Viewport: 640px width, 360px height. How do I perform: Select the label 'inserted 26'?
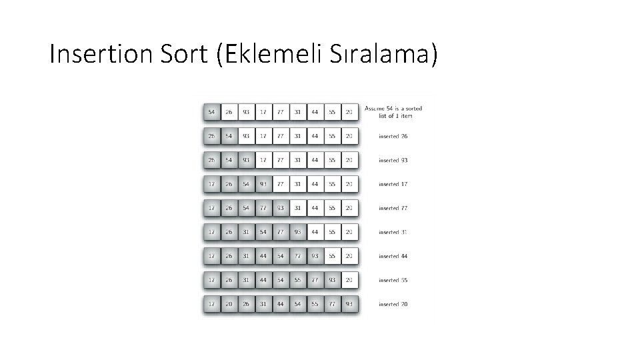(393, 136)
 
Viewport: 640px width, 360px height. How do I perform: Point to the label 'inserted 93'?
(393, 160)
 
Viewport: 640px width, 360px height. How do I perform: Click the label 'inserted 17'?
(393, 184)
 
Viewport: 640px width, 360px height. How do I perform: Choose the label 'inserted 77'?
(393, 208)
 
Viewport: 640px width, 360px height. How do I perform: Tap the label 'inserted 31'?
(393, 232)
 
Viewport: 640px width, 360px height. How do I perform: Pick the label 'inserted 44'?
(393, 256)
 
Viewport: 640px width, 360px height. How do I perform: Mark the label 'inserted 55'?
(393, 280)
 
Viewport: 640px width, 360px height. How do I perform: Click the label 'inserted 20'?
(393, 304)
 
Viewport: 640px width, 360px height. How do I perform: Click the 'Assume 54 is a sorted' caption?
(393, 108)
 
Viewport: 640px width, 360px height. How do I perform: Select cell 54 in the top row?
(211, 112)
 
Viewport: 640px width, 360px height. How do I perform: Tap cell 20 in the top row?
(349, 112)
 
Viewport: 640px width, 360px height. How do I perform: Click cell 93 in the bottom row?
(349, 304)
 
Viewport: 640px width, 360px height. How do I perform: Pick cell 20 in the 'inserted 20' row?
(229, 304)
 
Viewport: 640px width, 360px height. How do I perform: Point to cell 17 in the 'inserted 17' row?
(211, 184)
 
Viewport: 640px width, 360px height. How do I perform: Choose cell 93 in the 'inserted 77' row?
(281, 208)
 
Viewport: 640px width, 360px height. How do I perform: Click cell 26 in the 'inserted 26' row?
(211, 136)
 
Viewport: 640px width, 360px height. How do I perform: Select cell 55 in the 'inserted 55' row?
(298, 280)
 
